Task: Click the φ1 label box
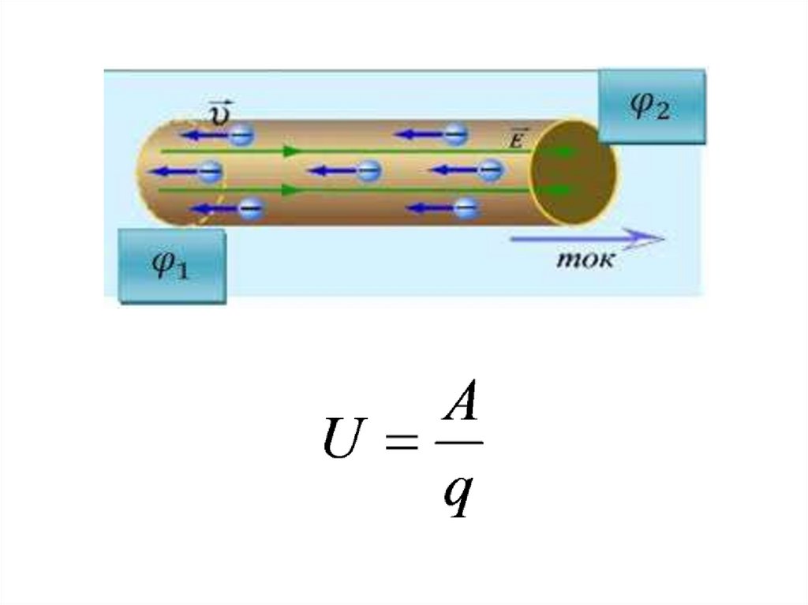[x=172, y=266]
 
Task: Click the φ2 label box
[x=651, y=106]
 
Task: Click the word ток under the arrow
[x=585, y=260]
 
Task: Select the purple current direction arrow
[x=587, y=237]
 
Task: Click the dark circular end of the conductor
[x=573, y=172]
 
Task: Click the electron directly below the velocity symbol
[x=241, y=135]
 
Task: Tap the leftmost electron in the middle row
[x=210, y=170]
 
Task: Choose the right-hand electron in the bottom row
[x=466, y=208]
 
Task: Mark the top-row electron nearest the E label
[x=455, y=135]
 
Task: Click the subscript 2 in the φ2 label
[x=662, y=113]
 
